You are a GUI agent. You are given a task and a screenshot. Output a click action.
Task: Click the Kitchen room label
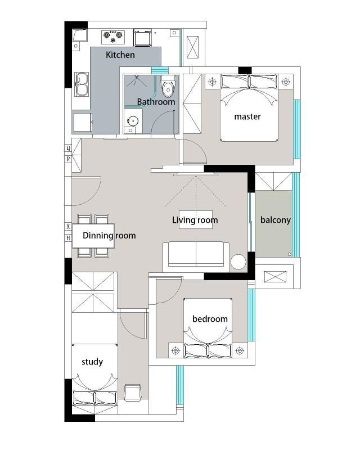coord(120,55)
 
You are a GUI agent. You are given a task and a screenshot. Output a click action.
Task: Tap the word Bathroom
coord(156,102)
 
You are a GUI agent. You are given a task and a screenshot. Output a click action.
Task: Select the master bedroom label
coord(247,116)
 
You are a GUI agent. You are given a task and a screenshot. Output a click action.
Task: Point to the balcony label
coord(275,220)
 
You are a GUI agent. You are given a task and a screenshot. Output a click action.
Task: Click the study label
coord(92,362)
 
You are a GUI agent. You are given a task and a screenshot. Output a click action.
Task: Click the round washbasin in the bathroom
coord(133,121)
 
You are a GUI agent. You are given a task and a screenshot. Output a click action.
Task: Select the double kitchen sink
coord(82,84)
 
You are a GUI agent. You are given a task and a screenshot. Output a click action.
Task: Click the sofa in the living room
coord(196,257)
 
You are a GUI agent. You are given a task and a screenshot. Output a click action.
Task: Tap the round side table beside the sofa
coord(238,262)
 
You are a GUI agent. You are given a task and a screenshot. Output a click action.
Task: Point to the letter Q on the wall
coord(68,148)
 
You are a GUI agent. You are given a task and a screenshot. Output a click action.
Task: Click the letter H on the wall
coord(68,238)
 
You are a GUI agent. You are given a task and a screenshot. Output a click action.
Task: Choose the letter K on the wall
coord(68,226)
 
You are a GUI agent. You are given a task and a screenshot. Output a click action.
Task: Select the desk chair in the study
coord(132,392)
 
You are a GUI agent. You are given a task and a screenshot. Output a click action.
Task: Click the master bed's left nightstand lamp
coord(212,82)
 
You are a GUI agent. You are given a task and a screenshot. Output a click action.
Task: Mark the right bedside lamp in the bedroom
coord(240,350)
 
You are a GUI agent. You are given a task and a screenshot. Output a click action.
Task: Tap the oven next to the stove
coord(142,37)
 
